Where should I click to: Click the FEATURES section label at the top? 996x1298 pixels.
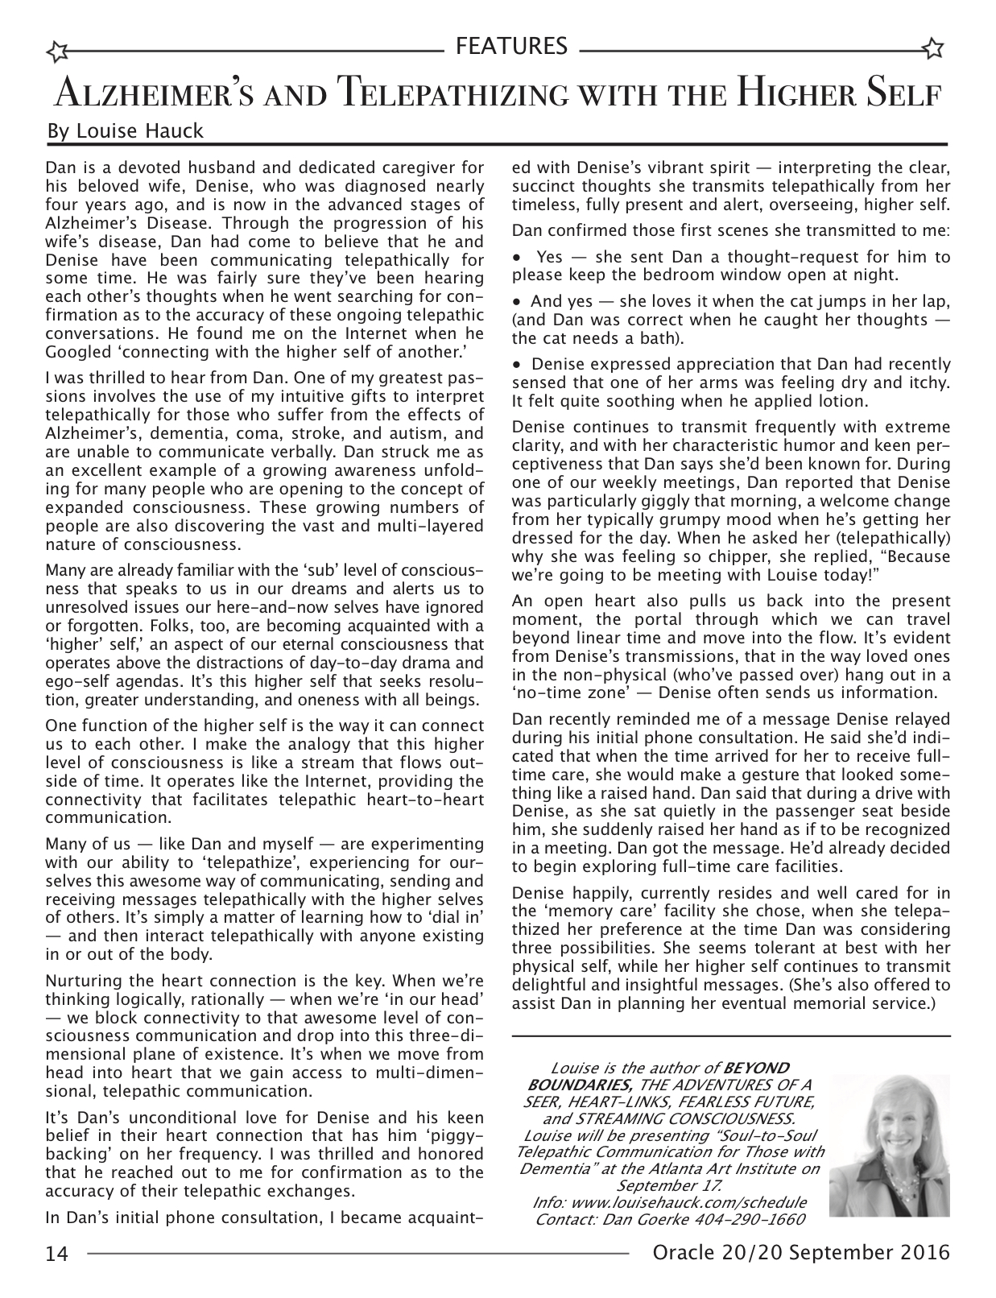tap(511, 46)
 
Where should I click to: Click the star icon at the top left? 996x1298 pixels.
tap(57, 52)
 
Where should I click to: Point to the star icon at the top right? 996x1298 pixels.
tap(934, 48)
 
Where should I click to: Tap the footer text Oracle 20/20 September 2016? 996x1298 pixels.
tap(801, 1253)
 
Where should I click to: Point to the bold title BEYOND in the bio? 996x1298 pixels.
tap(756, 1069)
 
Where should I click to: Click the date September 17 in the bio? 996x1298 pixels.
tap(668, 1185)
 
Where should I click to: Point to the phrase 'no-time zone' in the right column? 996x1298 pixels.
tap(564, 692)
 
